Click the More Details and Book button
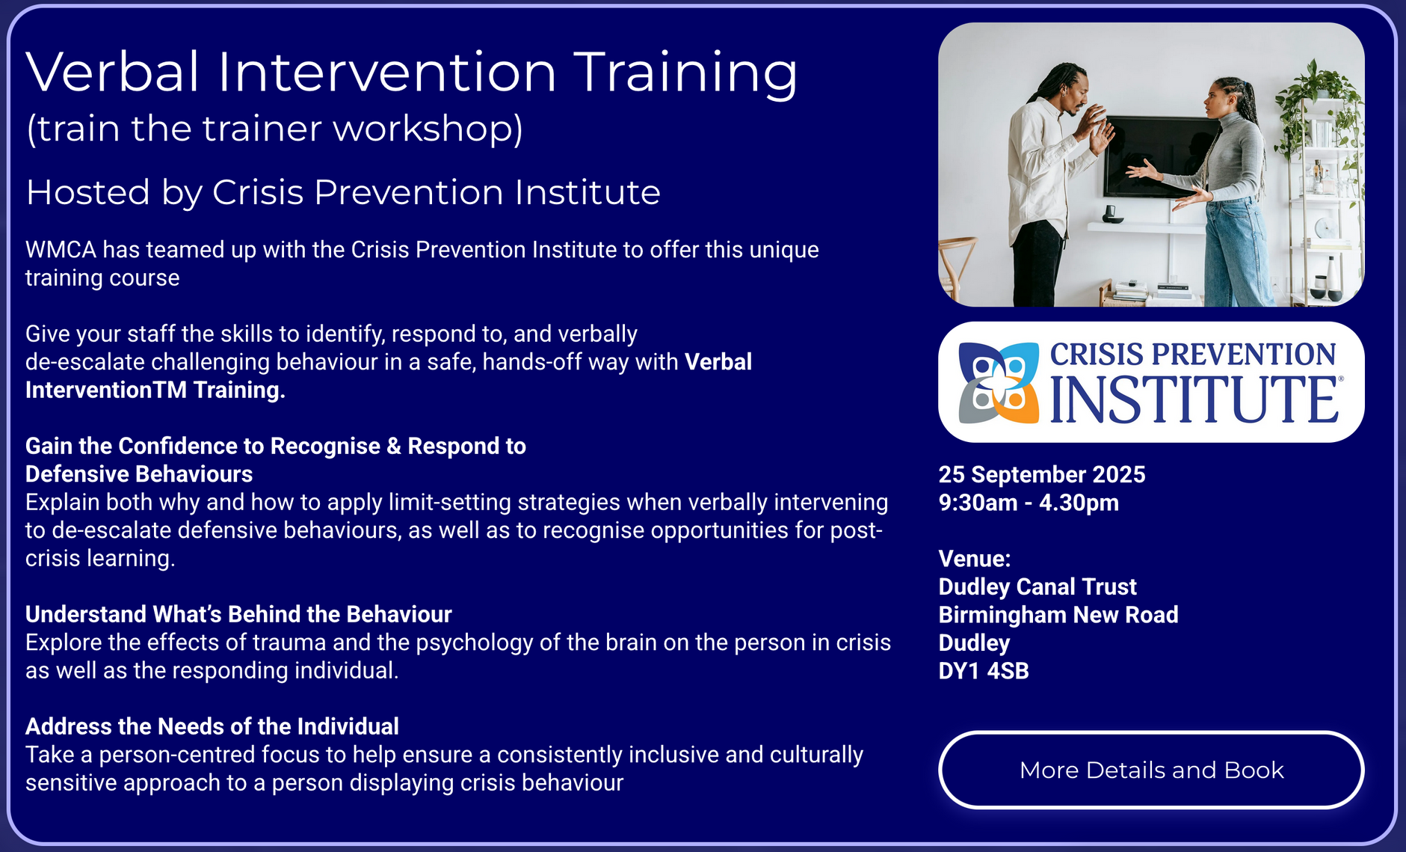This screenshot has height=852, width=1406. [x=1151, y=770]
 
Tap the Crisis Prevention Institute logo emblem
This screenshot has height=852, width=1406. [x=999, y=383]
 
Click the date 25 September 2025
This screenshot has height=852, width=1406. [x=1042, y=474]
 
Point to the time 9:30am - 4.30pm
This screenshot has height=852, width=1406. [x=1029, y=503]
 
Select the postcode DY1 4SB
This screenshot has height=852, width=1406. [x=984, y=671]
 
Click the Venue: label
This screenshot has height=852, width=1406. [x=975, y=559]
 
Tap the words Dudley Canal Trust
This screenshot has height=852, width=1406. [x=1037, y=587]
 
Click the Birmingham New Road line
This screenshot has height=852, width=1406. [x=1058, y=615]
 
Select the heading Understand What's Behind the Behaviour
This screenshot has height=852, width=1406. [x=238, y=614]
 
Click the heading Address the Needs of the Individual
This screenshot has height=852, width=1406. [x=212, y=726]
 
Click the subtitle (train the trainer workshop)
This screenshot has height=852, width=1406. [x=274, y=129]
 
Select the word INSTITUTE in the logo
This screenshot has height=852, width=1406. [x=1194, y=399]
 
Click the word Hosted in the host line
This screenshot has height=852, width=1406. [x=88, y=192]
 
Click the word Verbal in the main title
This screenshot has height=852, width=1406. [x=113, y=73]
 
